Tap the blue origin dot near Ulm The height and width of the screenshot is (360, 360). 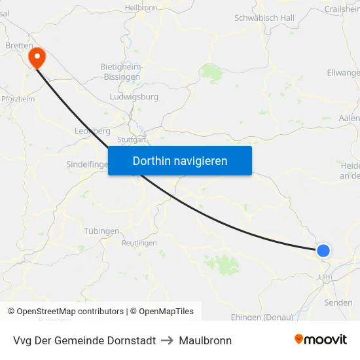click(323, 250)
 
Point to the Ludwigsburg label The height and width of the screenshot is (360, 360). click(134, 97)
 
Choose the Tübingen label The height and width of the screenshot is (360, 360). click(101, 231)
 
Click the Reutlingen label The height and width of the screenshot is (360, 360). click(139, 243)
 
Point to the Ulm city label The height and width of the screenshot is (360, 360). click(325, 277)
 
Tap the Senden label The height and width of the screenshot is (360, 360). click(338, 303)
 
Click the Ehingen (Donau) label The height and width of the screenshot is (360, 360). click(262, 317)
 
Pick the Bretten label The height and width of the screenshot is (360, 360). click(19, 46)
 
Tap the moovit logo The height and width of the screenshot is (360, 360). click(321, 340)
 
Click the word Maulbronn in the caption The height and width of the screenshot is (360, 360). click(206, 340)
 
